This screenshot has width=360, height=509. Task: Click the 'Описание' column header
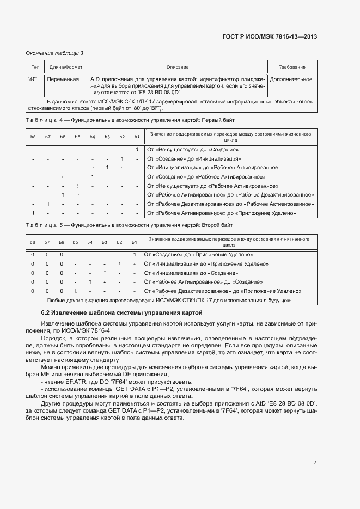pos(178,67)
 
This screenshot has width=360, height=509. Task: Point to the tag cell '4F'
pos(32,79)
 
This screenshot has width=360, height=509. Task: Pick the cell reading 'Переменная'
pos(63,79)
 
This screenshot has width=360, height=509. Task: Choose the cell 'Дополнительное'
pos(291,79)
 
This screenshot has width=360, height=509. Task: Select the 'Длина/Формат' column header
pos(66,67)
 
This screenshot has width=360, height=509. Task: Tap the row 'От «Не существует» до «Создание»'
pos(193,149)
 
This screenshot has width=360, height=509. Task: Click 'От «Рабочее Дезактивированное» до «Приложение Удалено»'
pos(223,291)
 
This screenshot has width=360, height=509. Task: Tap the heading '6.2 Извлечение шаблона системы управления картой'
pos(121,313)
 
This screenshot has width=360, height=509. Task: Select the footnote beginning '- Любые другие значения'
pos(168,301)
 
